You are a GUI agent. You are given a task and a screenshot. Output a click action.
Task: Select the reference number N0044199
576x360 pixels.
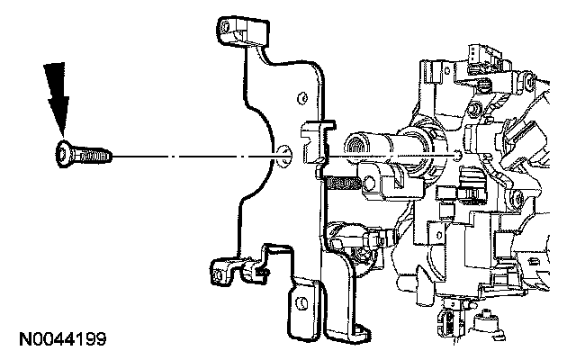pos(62,340)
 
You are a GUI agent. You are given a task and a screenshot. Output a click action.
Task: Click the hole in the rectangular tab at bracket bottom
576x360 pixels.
pos(307,296)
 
